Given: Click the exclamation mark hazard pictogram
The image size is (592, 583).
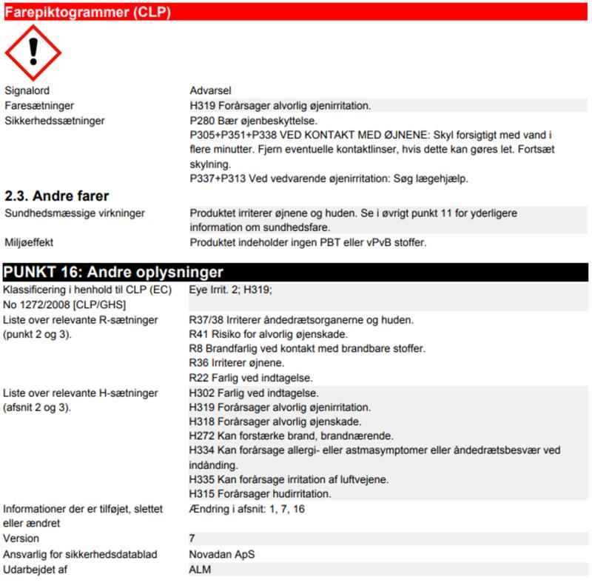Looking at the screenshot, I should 33,53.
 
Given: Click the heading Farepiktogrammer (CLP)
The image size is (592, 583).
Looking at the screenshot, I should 88,10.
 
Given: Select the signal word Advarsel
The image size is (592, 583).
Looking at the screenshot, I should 212,90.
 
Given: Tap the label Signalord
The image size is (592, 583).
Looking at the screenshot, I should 27,90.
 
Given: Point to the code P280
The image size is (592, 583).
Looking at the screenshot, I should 203,120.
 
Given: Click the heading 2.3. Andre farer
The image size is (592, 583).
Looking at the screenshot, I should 57,196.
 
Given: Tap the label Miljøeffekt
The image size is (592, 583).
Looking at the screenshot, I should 30,242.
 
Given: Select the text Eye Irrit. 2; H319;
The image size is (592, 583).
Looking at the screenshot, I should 231,290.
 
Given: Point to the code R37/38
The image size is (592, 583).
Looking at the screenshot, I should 208,320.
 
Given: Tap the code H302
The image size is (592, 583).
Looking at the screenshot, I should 203,393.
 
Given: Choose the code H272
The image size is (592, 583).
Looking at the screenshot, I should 203,436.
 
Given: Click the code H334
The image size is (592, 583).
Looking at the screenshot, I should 203,450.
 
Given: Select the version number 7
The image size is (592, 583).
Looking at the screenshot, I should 192,539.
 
